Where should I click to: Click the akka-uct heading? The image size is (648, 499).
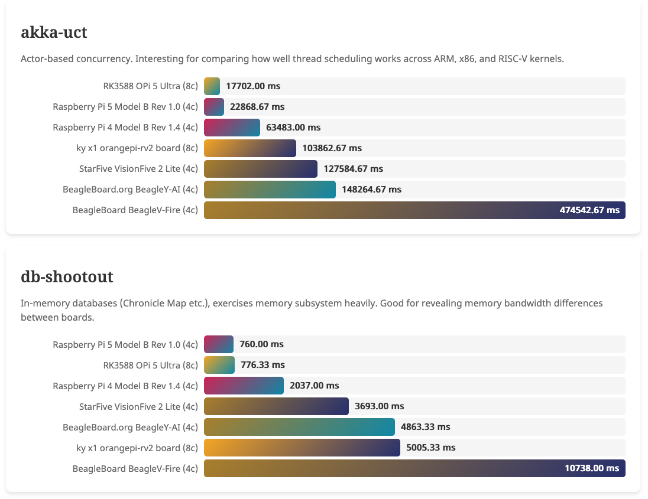54,32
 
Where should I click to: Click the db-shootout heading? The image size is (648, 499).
67,276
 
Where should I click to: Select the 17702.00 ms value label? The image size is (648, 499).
253,86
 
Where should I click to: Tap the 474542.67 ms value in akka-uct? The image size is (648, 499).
589,210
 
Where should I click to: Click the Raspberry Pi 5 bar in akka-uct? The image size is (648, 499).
214,107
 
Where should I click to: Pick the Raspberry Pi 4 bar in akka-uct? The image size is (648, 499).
232,128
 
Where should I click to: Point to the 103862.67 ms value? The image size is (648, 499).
332,148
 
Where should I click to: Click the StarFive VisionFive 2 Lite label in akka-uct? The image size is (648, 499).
138,169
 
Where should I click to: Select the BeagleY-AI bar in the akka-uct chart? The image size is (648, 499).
270,190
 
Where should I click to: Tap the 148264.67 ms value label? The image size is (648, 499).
371,190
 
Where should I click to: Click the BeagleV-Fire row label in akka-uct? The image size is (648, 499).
135,210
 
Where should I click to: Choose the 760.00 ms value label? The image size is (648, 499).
261,344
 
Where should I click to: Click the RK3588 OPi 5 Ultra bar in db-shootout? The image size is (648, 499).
219,365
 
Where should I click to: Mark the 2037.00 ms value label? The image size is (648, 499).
315,386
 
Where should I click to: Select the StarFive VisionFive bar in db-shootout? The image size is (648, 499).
276,406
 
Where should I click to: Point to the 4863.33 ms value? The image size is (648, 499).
425,427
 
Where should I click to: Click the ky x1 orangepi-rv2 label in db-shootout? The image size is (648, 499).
137,448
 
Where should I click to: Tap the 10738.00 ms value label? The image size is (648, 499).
592,468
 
